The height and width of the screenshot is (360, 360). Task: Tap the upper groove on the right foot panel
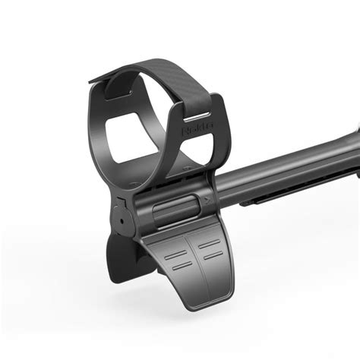(x=208, y=248)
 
